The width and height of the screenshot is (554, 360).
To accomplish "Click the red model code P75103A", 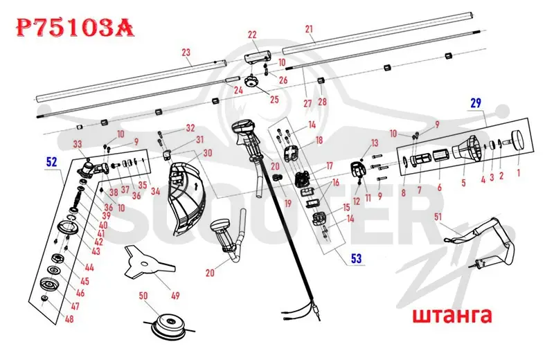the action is tap(75, 28).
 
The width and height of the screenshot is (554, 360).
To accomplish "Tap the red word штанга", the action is tap(452, 316).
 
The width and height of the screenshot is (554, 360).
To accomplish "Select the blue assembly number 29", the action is tap(476, 102).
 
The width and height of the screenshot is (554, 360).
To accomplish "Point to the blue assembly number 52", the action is tap(51, 162).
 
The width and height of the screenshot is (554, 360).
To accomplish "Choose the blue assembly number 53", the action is tap(356, 258).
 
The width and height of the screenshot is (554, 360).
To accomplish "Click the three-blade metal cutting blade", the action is tap(148, 263).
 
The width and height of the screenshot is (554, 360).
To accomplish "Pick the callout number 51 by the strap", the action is tap(438, 216).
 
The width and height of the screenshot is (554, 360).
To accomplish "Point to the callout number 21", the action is tap(309, 29).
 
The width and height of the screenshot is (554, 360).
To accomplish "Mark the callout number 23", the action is tap(186, 53).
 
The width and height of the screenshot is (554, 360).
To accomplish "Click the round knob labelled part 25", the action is tap(251, 82).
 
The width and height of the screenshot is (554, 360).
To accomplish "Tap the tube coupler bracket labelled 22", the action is tap(258, 57).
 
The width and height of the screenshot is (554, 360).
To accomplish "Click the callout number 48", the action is tap(69, 318).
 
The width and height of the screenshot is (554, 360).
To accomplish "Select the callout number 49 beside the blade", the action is tap(175, 296).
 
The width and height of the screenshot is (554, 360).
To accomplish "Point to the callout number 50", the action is tap(143, 296).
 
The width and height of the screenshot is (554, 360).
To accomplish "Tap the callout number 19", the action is tap(288, 203).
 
